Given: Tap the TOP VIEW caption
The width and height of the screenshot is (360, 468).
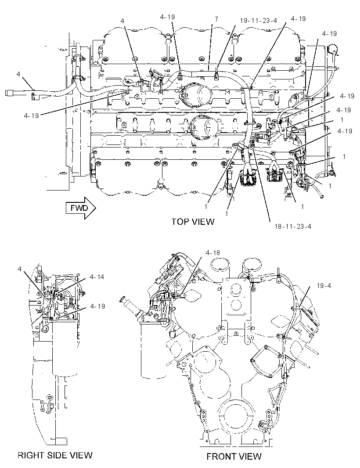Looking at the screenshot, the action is (193, 221).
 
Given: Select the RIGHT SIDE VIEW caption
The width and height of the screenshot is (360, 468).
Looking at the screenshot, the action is (55, 455).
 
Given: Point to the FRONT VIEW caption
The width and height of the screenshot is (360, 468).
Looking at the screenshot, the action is (234, 456).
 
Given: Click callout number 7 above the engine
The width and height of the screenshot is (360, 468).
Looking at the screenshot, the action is (216, 19).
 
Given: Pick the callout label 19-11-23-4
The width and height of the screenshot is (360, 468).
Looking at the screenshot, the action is (259, 20).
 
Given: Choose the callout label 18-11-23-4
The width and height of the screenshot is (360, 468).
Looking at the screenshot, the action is (293, 227).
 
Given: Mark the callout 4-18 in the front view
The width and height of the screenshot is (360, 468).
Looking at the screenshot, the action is (212, 253).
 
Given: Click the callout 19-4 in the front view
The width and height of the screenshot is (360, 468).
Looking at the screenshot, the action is (324, 286).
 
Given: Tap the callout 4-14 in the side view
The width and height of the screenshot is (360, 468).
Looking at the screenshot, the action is (97, 277).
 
